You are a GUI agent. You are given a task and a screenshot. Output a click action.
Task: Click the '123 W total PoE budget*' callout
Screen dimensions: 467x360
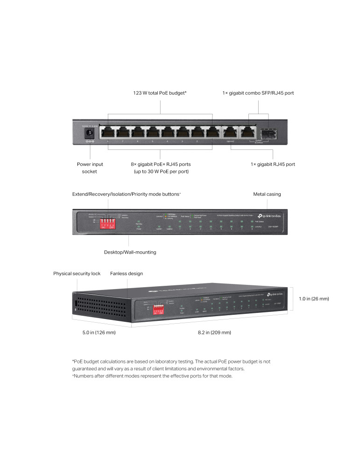160,93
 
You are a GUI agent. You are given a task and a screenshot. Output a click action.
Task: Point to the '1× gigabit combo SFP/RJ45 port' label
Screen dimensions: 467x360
258,93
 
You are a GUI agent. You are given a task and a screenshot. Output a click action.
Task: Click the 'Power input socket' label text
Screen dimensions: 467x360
90,168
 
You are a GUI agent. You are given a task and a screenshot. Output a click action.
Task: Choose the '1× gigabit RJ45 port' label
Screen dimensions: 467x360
273,164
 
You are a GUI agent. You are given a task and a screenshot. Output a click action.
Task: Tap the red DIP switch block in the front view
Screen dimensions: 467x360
109,221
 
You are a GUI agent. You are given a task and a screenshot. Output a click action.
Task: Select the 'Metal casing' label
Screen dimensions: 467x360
267,194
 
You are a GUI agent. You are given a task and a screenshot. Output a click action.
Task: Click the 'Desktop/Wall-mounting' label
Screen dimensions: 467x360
130,252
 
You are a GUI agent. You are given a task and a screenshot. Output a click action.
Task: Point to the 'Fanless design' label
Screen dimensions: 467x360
127,273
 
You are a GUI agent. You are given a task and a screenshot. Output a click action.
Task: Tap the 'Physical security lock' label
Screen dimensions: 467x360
77,273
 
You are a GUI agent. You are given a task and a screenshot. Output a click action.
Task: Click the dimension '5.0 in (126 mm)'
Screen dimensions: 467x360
96,333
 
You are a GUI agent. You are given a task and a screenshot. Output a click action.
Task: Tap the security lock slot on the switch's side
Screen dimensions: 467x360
76,304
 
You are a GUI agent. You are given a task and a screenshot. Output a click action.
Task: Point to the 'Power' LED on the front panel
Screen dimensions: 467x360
139,229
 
